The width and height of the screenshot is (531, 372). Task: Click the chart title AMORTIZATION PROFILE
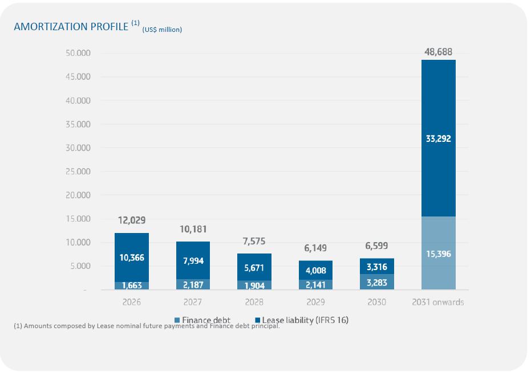click(71, 27)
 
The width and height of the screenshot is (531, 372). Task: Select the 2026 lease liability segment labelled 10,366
click(132, 257)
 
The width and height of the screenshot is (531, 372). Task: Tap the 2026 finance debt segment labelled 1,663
click(132, 286)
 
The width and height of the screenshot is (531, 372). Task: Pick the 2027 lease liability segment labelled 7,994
click(193, 260)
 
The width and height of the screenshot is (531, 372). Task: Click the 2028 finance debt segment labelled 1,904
click(255, 285)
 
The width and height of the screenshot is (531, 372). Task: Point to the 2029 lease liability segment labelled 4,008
click(316, 271)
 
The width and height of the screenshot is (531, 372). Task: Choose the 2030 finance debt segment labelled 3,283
click(377, 282)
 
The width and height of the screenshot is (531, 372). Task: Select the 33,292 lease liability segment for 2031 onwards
click(438, 138)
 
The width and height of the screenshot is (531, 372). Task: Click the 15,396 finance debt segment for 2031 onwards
click(438, 254)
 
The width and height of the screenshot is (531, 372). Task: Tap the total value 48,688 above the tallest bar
click(438, 52)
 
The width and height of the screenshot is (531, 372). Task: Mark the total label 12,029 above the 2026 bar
click(132, 220)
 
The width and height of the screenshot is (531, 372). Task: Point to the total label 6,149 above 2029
click(316, 248)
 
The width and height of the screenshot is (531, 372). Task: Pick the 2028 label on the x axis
click(255, 302)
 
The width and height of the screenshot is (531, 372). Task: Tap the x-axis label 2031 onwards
click(438, 302)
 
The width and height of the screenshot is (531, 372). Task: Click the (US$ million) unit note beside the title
click(162, 30)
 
